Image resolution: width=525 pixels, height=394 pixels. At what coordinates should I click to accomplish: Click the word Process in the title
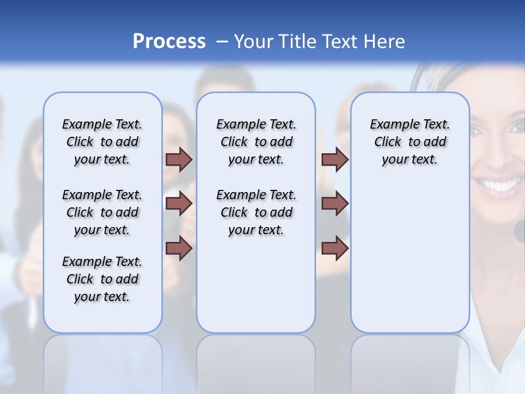coord(169,41)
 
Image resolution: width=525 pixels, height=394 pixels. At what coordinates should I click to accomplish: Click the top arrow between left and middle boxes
coord(179,159)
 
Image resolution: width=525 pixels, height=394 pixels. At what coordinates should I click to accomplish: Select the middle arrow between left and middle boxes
coord(179,204)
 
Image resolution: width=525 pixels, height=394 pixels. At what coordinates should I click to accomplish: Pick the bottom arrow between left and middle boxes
coord(179,248)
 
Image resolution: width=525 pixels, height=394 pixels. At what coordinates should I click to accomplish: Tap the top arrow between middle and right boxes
coord(335,159)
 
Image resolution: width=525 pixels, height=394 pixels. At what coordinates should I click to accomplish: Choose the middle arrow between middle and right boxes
coord(335,204)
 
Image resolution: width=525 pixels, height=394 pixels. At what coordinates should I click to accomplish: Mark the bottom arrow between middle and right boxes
coord(335,248)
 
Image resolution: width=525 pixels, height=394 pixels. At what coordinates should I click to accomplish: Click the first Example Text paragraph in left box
coord(102,142)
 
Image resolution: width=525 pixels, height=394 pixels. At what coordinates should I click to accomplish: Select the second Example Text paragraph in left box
coord(102,212)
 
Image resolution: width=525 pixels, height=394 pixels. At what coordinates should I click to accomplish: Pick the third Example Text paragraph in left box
coord(102,279)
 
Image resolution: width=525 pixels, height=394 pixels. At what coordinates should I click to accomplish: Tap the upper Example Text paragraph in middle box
coord(256,142)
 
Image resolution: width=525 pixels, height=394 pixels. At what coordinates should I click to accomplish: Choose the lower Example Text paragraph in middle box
coord(256,212)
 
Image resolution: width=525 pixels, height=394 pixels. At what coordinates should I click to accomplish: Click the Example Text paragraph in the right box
coord(410,142)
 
